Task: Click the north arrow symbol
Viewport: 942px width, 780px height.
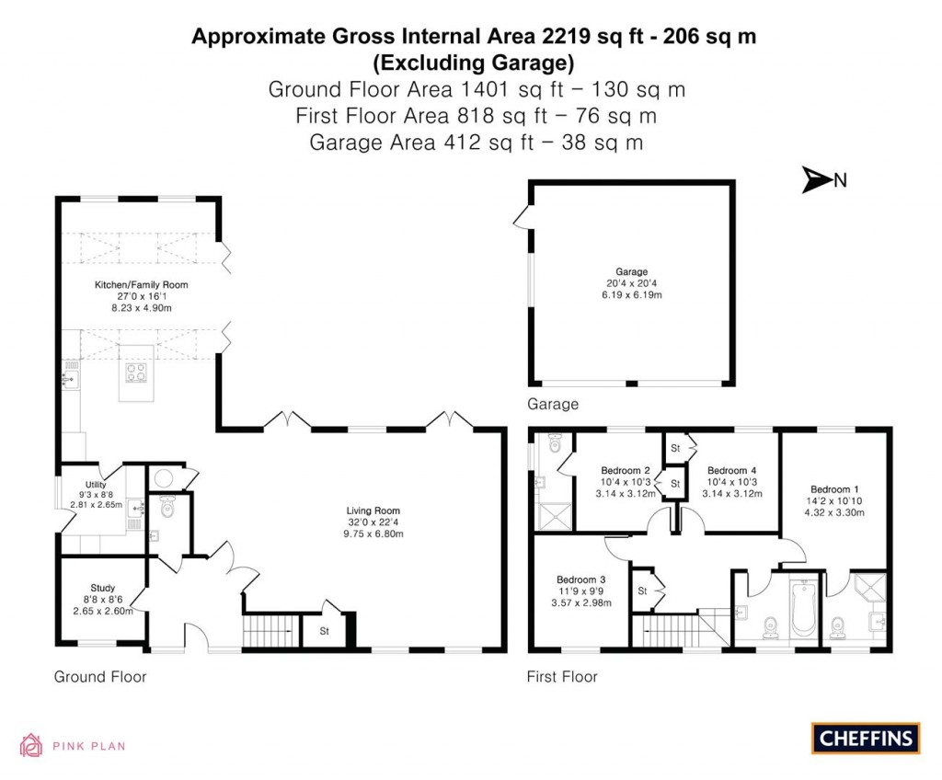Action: pyautogui.click(x=816, y=180)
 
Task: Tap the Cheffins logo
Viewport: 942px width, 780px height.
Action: pyautogui.click(x=866, y=738)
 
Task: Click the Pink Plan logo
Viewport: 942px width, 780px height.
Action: pyautogui.click(x=73, y=745)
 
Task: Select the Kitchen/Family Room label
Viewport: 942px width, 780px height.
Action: pyautogui.click(x=141, y=285)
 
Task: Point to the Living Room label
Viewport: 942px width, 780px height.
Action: pyautogui.click(x=373, y=510)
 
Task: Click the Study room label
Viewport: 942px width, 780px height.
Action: pyautogui.click(x=102, y=588)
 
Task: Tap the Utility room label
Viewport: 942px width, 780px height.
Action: pyautogui.click(x=96, y=485)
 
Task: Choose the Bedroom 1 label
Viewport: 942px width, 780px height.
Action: pyautogui.click(x=835, y=489)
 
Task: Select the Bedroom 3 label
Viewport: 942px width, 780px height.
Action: pyautogui.click(x=580, y=579)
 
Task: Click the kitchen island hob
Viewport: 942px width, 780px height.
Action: pyautogui.click(x=138, y=373)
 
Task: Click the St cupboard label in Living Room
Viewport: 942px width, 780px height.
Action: pyautogui.click(x=325, y=632)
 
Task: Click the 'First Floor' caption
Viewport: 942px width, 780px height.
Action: pyautogui.click(x=562, y=677)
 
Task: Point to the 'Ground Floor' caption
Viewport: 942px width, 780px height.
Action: pyautogui.click(x=100, y=677)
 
